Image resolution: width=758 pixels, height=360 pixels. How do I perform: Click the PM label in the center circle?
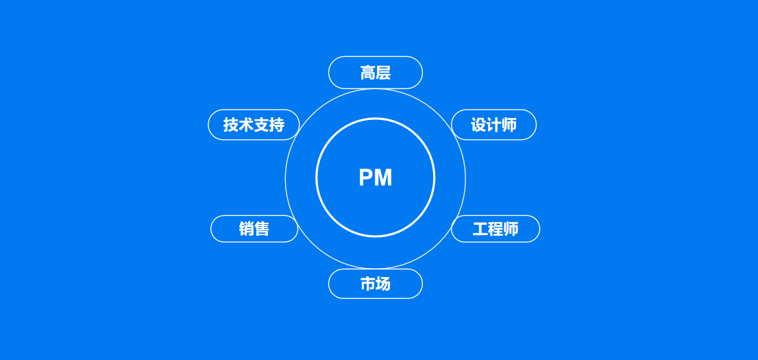point(376,178)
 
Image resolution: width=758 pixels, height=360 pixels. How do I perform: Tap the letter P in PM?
point(367,178)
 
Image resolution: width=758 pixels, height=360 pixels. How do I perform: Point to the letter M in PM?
point(383,178)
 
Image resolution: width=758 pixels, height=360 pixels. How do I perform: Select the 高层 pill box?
point(376,73)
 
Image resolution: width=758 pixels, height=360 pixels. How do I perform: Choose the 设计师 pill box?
point(493,125)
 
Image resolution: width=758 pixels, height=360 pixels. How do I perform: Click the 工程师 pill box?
point(496,229)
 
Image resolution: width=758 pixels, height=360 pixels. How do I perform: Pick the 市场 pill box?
point(376,284)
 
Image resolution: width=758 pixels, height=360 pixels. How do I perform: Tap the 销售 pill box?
point(254,229)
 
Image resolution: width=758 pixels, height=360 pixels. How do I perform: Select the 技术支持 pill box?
point(254,125)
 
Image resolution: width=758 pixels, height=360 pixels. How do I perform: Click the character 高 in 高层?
point(368,73)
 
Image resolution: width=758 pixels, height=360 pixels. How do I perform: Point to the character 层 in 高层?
point(383,73)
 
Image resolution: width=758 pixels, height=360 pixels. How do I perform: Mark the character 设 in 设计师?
point(478,125)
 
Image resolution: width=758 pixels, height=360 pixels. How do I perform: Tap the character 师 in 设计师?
point(509,125)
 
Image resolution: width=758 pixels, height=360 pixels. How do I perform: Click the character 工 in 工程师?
point(480,229)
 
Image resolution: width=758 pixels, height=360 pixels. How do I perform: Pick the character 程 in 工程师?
point(496,229)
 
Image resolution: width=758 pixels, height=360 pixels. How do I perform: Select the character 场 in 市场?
point(383,284)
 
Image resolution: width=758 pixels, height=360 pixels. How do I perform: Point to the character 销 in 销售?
point(247,229)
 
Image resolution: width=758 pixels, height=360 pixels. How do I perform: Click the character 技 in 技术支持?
point(231,125)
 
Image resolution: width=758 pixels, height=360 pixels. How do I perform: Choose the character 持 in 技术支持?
point(276,125)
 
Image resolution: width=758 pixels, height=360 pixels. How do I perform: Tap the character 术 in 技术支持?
point(246,125)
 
